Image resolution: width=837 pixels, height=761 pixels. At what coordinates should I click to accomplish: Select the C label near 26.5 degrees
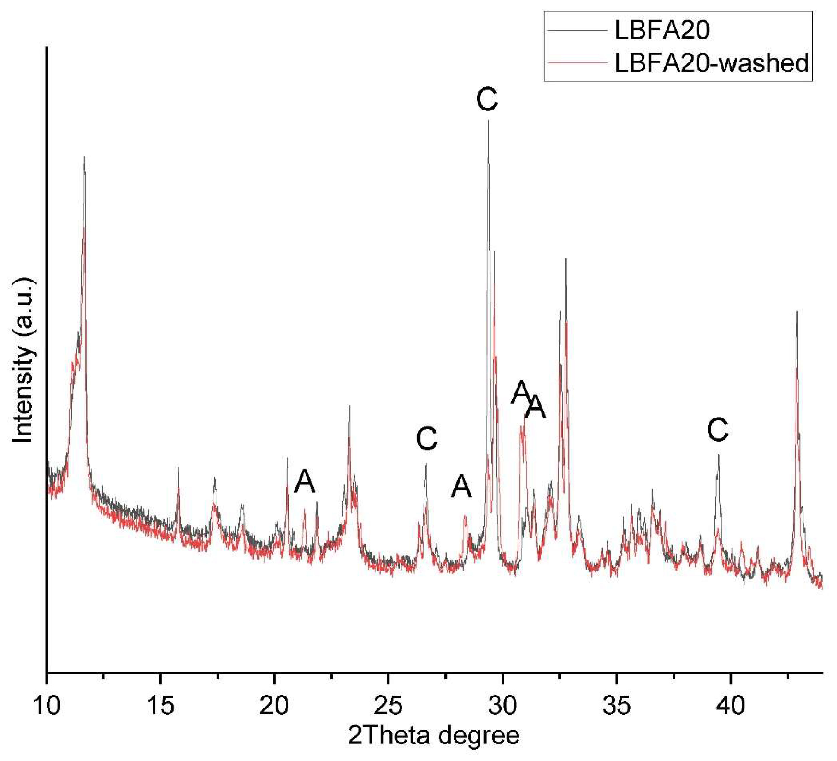click(x=427, y=439)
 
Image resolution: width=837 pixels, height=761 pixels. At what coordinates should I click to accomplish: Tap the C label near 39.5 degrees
click(x=718, y=431)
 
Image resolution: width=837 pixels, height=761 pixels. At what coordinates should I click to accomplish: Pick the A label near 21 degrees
click(x=305, y=482)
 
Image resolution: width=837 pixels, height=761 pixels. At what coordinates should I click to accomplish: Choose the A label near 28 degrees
click(x=462, y=487)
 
